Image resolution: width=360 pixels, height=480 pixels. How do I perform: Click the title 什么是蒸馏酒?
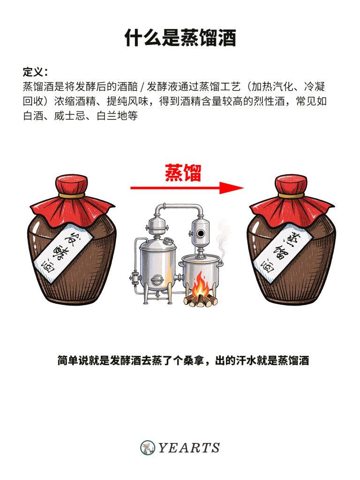180,37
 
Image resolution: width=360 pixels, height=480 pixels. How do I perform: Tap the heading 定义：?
35,73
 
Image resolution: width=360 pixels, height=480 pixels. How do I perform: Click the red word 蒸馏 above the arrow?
183,173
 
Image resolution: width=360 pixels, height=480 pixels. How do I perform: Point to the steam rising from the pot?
224,234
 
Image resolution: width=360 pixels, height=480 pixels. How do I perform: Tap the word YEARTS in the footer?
189,448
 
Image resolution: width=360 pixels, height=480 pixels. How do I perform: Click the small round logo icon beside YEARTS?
148,448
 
